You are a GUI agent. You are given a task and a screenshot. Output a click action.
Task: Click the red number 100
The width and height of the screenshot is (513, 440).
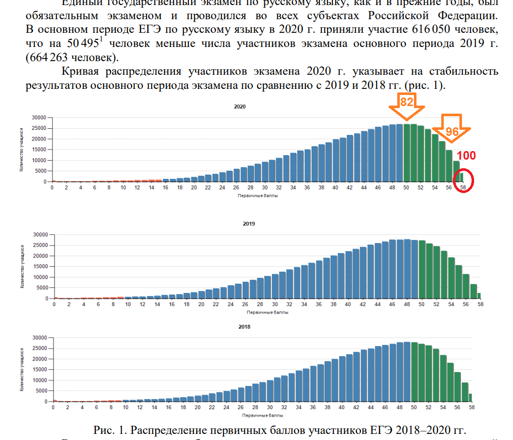pyautogui.click(x=466, y=156)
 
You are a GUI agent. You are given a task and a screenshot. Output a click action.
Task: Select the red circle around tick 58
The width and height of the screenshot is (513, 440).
pyautogui.click(x=463, y=181)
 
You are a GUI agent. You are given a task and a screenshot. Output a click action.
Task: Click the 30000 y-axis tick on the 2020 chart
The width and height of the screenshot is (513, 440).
pyautogui.click(x=39, y=117)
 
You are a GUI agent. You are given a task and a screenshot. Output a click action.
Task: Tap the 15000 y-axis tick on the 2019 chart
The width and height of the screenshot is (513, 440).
pyautogui.click(x=39, y=266)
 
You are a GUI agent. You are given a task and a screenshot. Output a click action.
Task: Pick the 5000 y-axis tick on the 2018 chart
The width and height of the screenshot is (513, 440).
pyautogui.click(x=41, y=391)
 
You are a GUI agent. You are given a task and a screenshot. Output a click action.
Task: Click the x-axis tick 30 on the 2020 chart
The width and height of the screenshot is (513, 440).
pyautogui.click(x=265, y=188)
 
